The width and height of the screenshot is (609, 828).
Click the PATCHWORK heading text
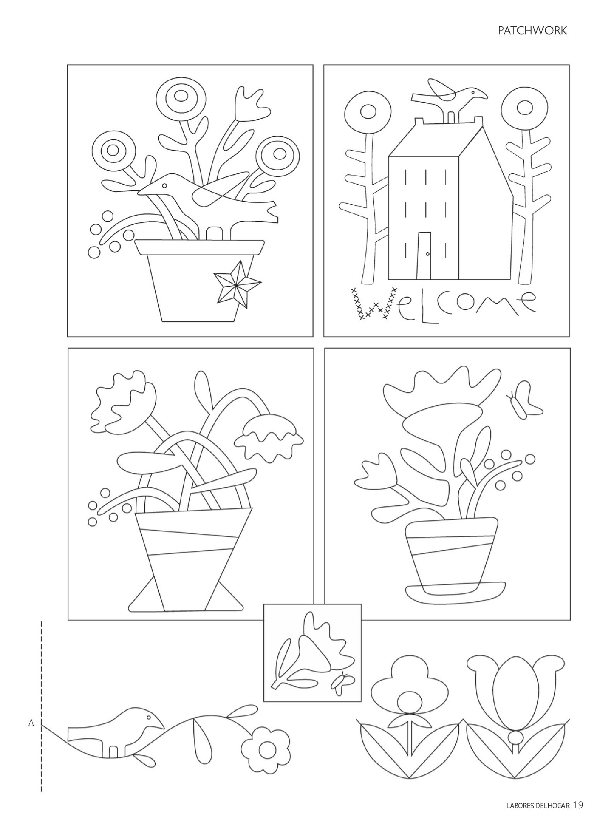tap(532, 31)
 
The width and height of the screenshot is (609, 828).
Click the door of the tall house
tap(424, 256)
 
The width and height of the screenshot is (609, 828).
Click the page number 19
tap(578, 804)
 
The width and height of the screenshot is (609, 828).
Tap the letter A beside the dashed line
tap(31, 723)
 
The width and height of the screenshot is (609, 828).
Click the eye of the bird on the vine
tap(147, 717)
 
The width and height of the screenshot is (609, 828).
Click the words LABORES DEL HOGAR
tap(538, 805)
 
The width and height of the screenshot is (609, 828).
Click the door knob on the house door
tap(427, 254)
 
